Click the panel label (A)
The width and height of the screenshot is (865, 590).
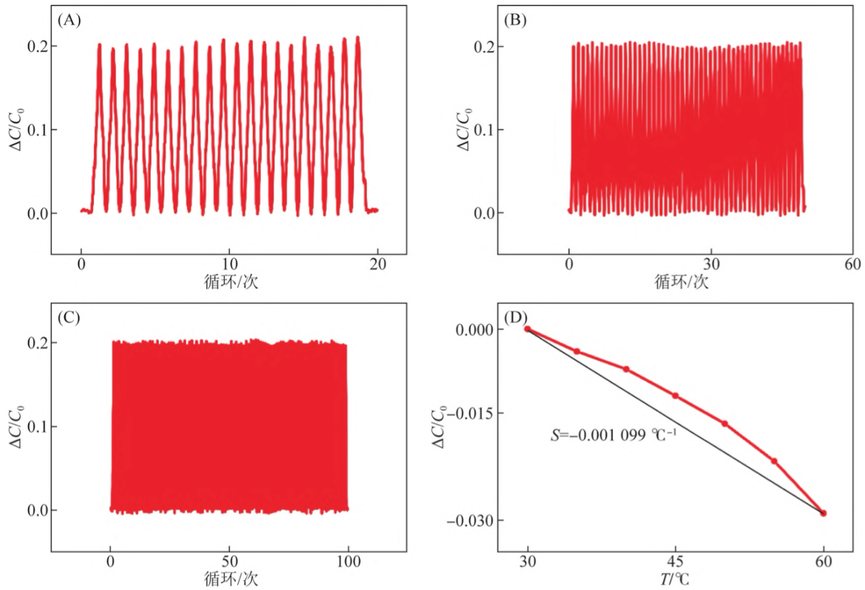[70, 20]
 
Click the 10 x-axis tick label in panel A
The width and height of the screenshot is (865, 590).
[230, 265]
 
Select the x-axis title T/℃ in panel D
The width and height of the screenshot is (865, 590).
[676, 579]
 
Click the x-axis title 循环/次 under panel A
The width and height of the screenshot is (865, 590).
[230, 282]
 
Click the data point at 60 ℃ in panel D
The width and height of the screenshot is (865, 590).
[823, 513]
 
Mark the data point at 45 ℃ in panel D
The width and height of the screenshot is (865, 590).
[675, 396]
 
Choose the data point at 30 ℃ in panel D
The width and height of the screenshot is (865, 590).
[528, 329]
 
